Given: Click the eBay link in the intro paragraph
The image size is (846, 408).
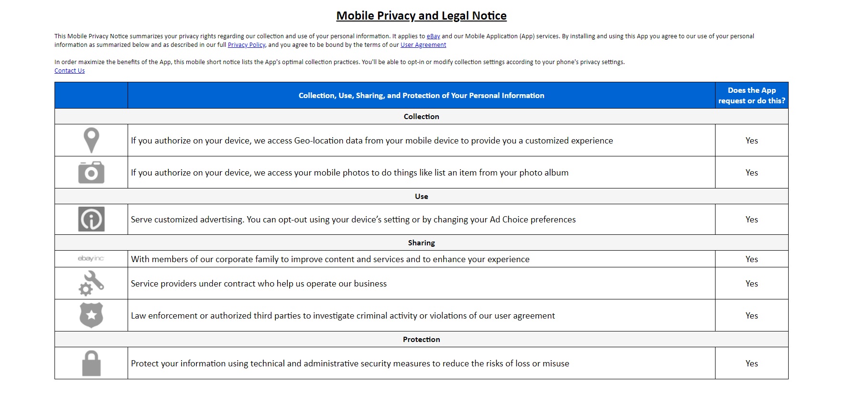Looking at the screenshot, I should point(433,36).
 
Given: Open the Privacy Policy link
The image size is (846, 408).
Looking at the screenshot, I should point(246,45).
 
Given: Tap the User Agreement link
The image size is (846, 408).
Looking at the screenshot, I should point(423,45).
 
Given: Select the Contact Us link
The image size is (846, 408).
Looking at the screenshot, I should point(69,71).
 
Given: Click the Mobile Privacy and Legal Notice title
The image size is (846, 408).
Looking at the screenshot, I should point(421,16).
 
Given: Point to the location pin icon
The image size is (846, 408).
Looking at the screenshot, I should point(91,140).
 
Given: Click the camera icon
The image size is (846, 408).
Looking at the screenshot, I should point(91,172).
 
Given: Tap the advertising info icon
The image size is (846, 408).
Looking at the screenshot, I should point(91,220).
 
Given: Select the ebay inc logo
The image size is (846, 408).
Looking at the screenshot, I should point(91,259).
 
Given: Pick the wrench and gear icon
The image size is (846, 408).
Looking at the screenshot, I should point(91,283).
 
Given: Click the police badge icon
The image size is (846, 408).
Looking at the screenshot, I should point(91,315).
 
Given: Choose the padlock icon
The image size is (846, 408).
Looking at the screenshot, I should point(91,364).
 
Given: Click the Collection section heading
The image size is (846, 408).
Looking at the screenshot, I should point(421,117).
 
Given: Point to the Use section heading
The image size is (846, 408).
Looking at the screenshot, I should point(421,197).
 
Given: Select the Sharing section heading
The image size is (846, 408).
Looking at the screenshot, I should point(421,243).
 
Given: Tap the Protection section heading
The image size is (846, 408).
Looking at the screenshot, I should point(421,340).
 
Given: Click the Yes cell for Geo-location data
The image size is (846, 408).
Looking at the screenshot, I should point(751,141).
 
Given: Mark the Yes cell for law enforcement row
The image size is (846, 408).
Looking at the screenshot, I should point(751,316).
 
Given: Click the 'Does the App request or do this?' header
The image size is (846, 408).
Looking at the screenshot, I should point(751,96).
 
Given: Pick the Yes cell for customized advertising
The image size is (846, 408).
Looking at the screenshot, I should point(751,220).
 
